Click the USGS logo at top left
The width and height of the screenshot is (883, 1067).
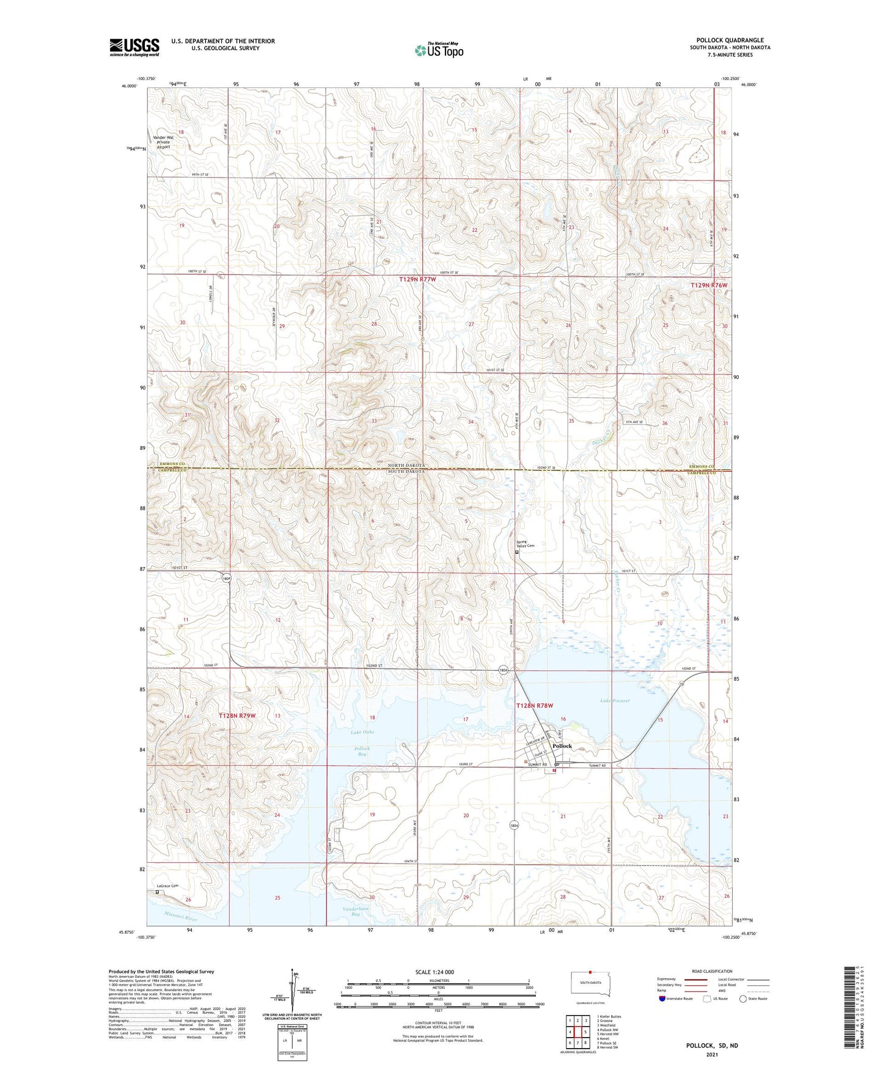click(x=134, y=47)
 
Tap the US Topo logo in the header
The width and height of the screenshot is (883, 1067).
click(x=439, y=50)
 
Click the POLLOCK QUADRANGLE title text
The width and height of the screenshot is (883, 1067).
click(x=730, y=40)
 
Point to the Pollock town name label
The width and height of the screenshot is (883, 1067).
click(x=562, y=746)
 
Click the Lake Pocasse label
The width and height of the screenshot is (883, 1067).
click(x=615, y=701)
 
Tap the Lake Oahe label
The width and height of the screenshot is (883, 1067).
click(x=362, y=732)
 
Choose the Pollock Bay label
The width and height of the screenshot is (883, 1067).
click(x=362, y=751)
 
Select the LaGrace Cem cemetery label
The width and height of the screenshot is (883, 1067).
click(x=167, y=886)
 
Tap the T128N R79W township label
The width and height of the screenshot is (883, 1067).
click(x=237, y=715)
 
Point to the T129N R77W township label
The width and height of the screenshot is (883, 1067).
click(x=418, y=279)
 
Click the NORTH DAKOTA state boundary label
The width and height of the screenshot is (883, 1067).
click(x=406, y=465)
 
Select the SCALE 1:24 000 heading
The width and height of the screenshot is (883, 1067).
click(x=434, y=972)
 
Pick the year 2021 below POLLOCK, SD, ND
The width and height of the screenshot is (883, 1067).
click(x=711, y=1055)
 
